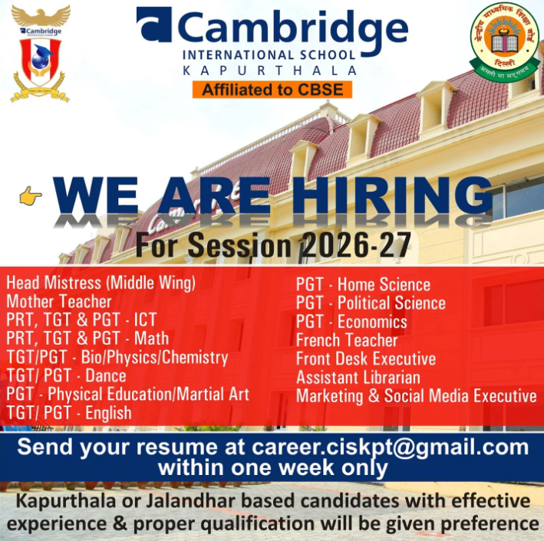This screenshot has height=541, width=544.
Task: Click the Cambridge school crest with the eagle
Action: point(40,54)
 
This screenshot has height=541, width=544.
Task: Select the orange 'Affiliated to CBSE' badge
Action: point(272,90)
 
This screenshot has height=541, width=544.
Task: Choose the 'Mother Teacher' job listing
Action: point(59,302)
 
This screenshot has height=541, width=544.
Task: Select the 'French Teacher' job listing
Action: point(347,340)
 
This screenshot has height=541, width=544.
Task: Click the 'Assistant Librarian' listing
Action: point(358,377)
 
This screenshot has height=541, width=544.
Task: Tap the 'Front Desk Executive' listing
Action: point(366,359)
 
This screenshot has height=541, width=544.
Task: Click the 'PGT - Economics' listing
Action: point(351,322)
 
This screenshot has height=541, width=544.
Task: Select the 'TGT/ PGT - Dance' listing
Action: point(66,375)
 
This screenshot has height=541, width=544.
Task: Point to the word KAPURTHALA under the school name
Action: point(270,70)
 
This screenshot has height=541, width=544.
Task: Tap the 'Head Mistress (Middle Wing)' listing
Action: point(101,284)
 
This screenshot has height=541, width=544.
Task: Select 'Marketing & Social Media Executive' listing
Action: point(417,396)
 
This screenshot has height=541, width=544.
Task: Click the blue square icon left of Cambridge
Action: point(153,25)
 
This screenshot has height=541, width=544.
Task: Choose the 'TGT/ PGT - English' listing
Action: point(69,413)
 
